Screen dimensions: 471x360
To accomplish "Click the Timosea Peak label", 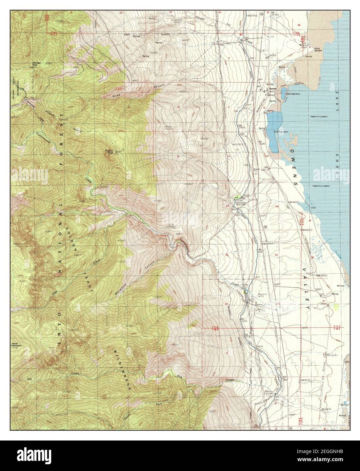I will pyautogui.click(x=109, y=152).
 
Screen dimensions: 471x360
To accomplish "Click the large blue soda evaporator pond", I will pyautogui.click(x=274, y=133).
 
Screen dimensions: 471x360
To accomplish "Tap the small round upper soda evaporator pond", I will pyautogui.click(x=283, y=90).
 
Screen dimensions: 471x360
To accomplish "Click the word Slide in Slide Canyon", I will pyautogui.click(x=116, y=96).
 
